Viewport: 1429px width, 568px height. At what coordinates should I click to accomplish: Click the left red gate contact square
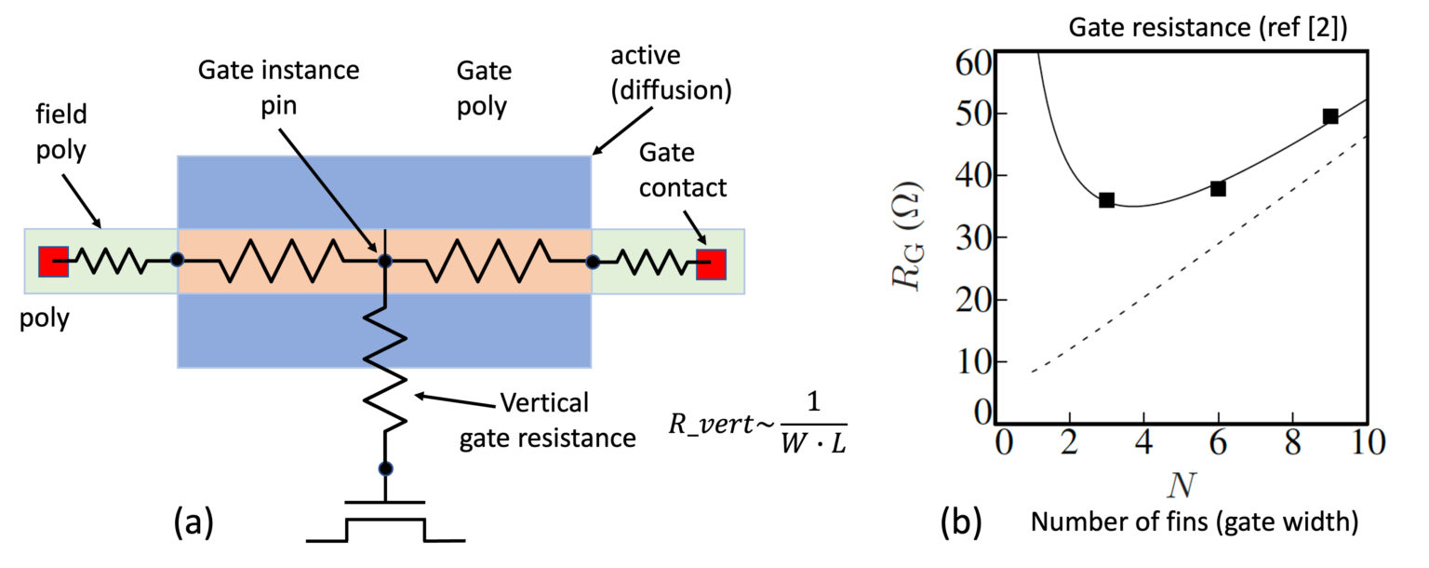[x=53, y=263]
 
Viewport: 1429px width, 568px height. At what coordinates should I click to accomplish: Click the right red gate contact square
[x=711, y=264]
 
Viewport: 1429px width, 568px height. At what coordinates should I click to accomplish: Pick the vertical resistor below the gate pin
[x=385, y=368]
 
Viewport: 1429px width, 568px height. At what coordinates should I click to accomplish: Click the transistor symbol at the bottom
[x=385, y=521]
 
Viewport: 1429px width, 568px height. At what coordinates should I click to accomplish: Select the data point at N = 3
[x=1106, y=200]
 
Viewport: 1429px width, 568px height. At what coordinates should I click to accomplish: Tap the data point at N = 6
[x=1218, y=189]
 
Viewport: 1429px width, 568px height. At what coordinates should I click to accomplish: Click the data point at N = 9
[x=1330, y=116]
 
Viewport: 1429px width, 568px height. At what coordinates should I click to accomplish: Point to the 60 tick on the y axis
[x=971, y=66]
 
